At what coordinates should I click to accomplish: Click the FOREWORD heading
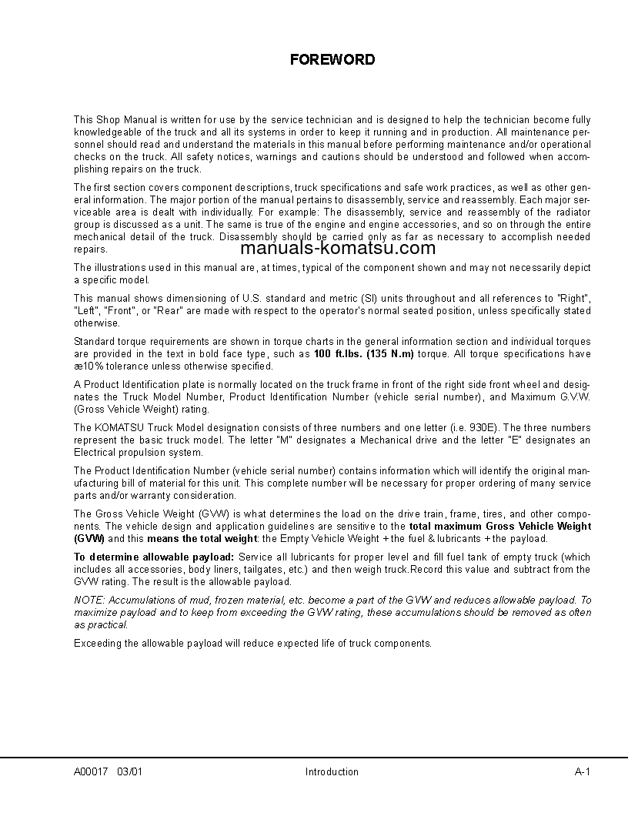[x=332, y=59]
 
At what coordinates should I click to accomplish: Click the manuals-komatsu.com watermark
[x=338, y=247]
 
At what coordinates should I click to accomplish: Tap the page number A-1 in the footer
[x=582, y=771]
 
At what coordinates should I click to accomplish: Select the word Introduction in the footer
[x=332, y=771]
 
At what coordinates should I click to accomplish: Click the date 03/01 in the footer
[x=130, y=771]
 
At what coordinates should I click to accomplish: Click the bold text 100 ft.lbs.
[x=336, y=353]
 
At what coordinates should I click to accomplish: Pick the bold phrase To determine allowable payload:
[x=154, y=557]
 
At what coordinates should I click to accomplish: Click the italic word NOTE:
[x=89, y=600]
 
